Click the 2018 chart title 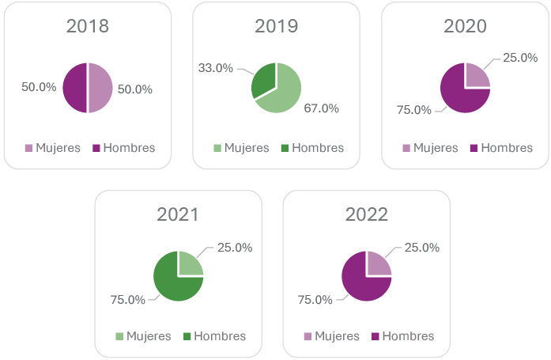[x=88, y=26]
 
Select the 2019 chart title [x=276, y=26]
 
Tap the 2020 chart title [x=465, y=26]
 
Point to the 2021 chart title [x=178, y=214]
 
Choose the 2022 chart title [x=367, y=214]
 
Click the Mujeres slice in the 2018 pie [x=100, y=88]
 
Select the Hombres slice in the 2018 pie [x=75, y=88]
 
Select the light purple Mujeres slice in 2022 [x=377, y=264]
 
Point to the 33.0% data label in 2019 [x=215, y=68]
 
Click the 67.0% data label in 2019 [x=321, y=108]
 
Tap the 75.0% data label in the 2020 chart [x=413, y=110]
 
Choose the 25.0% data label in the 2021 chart [x=235, y=248]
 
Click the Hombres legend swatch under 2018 [x=96, y=148]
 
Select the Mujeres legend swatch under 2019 [x=217, y=148]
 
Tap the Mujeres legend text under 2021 [x=149, y=336]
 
